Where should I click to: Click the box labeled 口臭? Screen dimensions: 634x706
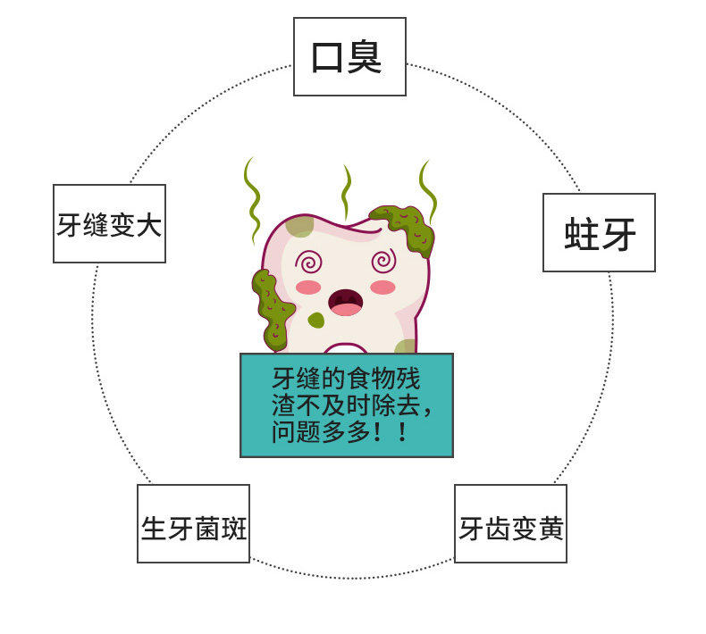(349, 56)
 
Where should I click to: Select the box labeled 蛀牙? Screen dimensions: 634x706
(599, 232)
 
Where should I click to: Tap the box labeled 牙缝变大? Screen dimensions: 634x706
(109, 223)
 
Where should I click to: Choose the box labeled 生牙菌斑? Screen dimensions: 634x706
(193, 523)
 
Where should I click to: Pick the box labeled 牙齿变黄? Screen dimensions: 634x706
(510, 523)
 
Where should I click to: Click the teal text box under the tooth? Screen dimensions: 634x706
(347, 405)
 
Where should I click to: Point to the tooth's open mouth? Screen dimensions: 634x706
(346, 302)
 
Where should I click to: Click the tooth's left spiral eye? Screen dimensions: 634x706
(311, 263)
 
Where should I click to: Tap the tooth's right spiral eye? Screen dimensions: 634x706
(383, 261)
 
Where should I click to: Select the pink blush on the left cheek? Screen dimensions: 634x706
(308, 288)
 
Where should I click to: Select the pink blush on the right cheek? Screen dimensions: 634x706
(382, 287)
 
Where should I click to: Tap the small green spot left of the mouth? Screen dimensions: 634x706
(315, 320)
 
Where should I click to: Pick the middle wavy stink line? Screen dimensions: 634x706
(346, 191)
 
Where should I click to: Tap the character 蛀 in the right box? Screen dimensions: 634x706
(581, 233)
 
